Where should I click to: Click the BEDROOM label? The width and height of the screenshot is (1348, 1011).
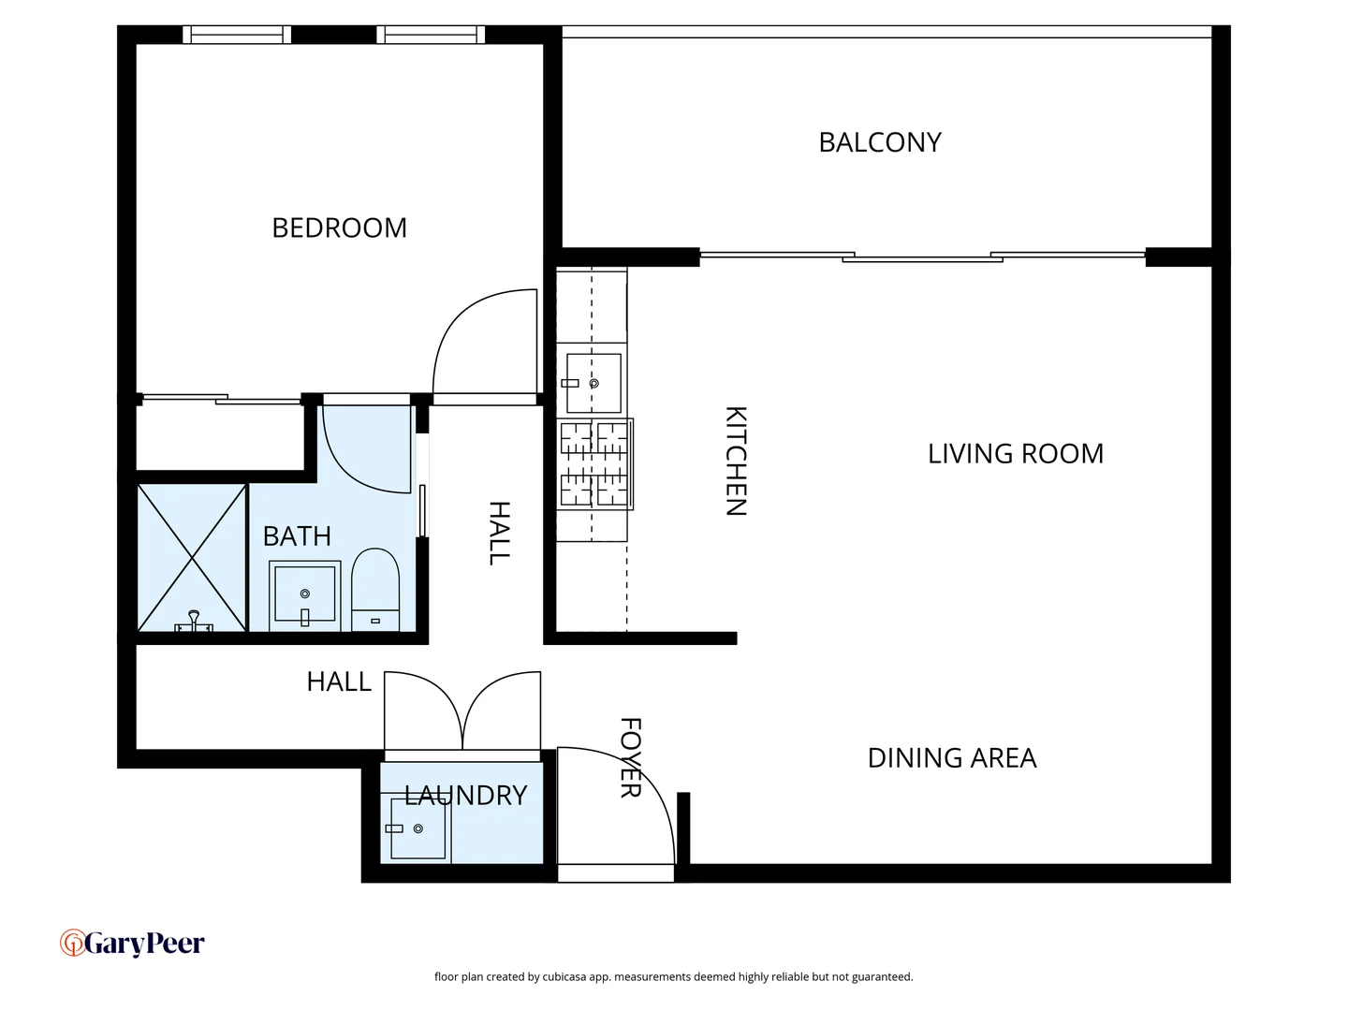[339, 227]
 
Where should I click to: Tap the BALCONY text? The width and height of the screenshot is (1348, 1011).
[879, 142]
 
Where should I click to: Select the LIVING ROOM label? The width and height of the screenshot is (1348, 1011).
[1015, 454]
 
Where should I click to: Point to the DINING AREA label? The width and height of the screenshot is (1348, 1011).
[951, 758]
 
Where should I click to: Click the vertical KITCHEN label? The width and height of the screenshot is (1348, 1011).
[736, 461]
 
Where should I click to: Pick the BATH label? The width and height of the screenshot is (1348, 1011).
[297, 536]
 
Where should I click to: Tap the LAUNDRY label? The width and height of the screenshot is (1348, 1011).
[466, 796]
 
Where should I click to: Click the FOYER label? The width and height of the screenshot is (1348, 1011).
[631, 757]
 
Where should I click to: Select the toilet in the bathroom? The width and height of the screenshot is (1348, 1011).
[375, 590]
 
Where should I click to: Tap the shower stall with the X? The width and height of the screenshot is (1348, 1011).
[192, 558]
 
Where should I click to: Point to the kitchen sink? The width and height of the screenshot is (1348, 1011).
[593, 383]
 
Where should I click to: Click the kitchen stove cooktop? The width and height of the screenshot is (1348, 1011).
[595, 464]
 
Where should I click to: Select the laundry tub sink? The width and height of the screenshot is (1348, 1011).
[417, 828]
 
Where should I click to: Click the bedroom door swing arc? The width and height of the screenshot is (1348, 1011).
[477, 342]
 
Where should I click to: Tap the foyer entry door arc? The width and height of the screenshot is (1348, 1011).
[627, 796]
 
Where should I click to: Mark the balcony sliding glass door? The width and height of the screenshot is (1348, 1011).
[922, 256]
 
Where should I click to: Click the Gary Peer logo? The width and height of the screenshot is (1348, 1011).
[132, 944]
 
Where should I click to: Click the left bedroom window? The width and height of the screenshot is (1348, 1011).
[237, 35]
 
